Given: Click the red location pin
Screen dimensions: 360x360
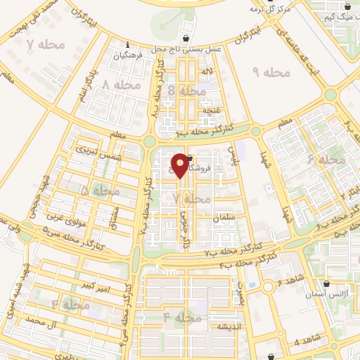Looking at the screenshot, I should click(x=181, y=165).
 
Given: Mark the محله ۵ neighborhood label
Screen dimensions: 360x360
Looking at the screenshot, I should click(x=95, y=190).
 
